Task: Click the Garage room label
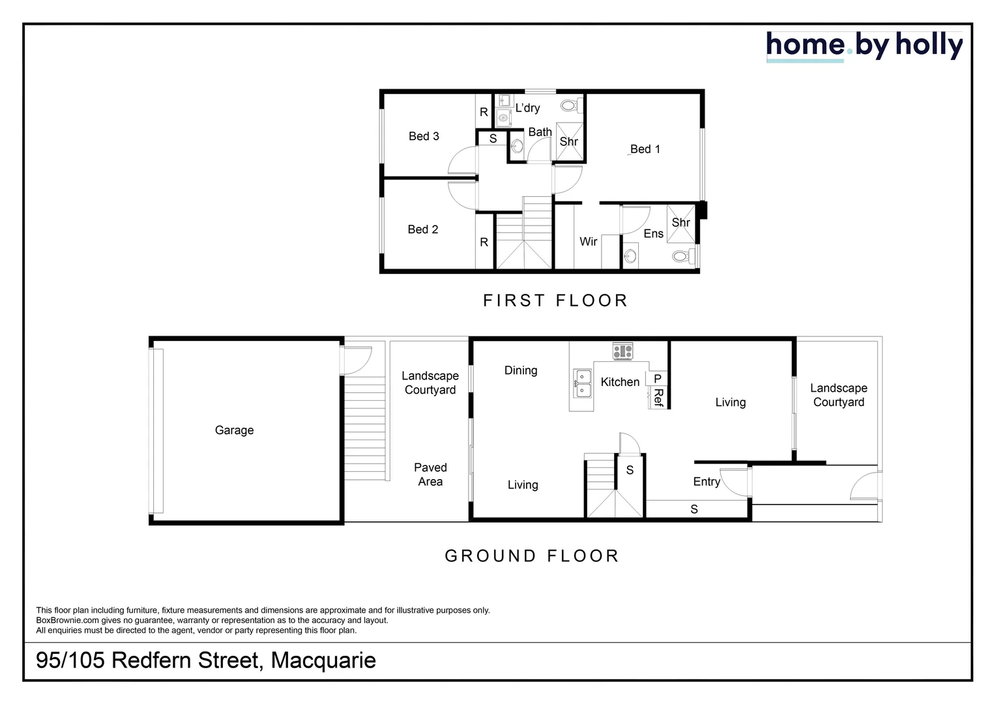tap(234, 430)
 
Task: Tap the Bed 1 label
tap(645, 149)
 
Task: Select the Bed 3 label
tap(424, 136)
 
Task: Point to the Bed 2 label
tap(422, 229)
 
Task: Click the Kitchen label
tap(620, 382)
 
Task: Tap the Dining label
tap(521, 370)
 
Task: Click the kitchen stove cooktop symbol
tap(622, 351)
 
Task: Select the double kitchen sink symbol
tap(583, 383)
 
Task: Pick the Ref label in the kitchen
tap(658, 398)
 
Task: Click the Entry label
tap(707, 482)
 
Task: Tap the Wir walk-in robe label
tap(588, 242)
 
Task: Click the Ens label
tap(653, 234)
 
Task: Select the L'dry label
tap(527, 108)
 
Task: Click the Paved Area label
tap(430, 475)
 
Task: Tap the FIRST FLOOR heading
tap(555, 301)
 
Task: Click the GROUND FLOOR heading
tap(532, 556)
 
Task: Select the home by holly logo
tap(864, 46)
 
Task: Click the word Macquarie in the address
tap(323, 660)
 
